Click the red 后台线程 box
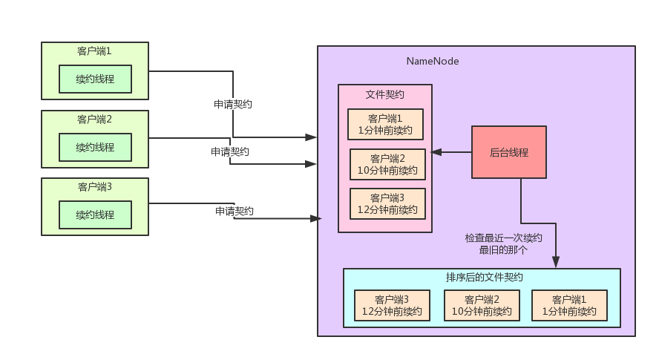coord(509,152)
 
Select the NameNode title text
coord(432,61)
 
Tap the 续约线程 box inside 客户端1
coord(95,79)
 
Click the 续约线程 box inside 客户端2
coord(95,147)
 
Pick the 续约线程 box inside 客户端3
coord(95,215)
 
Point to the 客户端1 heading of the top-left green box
coord(94,51)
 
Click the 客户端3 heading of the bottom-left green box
coord(94,186)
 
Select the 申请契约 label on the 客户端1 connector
coord(232,104)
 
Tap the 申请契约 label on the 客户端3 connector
coord(235,212)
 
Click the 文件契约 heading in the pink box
coord(385,94)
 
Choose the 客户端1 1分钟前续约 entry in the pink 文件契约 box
coord(385,125)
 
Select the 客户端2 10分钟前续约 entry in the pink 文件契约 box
coord(388,164)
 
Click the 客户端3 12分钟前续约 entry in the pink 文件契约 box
coord(388,203)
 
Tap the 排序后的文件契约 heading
coord(485,278)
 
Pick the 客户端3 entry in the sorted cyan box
coord(392,305)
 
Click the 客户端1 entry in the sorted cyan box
coord(569,305)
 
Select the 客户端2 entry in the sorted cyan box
coord(481,305)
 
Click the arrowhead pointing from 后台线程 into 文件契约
coord(437,152)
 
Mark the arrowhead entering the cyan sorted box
coord(555,262)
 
